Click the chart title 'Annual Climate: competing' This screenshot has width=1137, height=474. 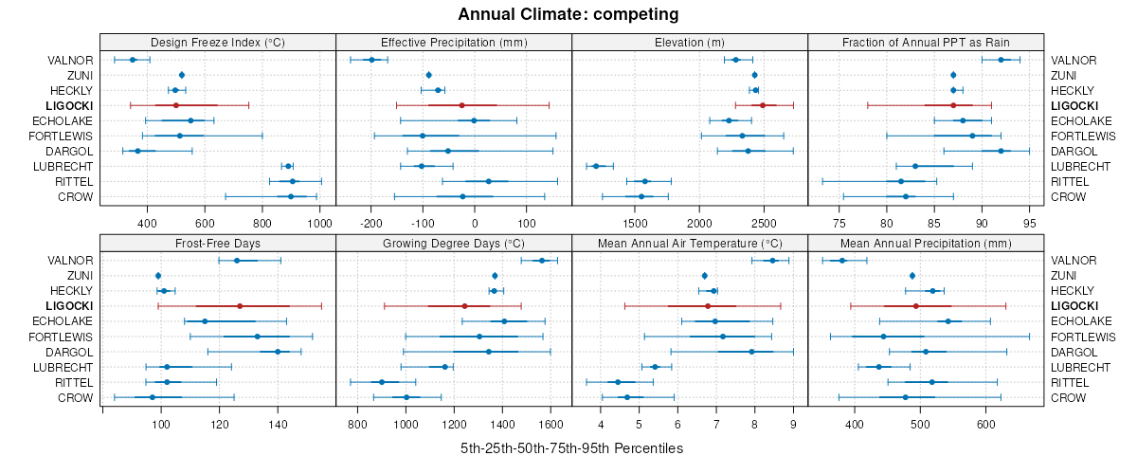pos(568,14)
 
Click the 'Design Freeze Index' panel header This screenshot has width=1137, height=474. pos(218,42)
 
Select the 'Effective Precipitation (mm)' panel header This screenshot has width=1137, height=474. pos(454,42)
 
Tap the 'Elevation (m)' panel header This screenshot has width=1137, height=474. pos(690,42)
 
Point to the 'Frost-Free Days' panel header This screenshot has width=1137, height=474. pos(218,243)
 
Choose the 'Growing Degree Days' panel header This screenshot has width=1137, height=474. pos(454,243)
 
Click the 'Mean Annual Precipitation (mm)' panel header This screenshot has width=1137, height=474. pos(926,243)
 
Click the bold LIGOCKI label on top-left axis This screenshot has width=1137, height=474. pos(69,105)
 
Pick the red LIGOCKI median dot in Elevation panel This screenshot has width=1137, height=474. pos(763,105)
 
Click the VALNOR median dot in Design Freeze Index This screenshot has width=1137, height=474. pos(133,60)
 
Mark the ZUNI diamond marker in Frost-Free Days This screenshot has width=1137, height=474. pos(158,276)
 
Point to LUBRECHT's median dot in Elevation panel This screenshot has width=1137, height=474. pos(596,166)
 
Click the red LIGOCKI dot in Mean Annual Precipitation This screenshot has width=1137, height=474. pos(916,306)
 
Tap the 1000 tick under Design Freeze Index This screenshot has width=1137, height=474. pos(319,224)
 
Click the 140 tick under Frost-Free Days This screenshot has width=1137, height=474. pos(278,424)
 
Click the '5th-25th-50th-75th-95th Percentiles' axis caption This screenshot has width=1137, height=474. pos(571,447)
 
